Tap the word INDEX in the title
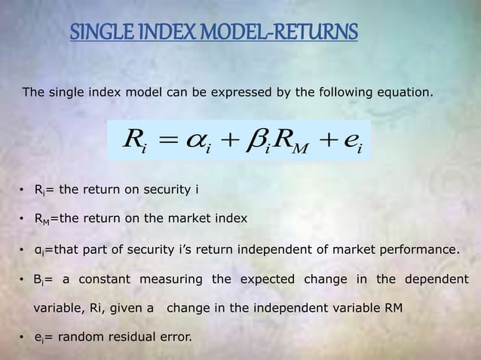coord(165,33)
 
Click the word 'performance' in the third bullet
coord(421,249)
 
